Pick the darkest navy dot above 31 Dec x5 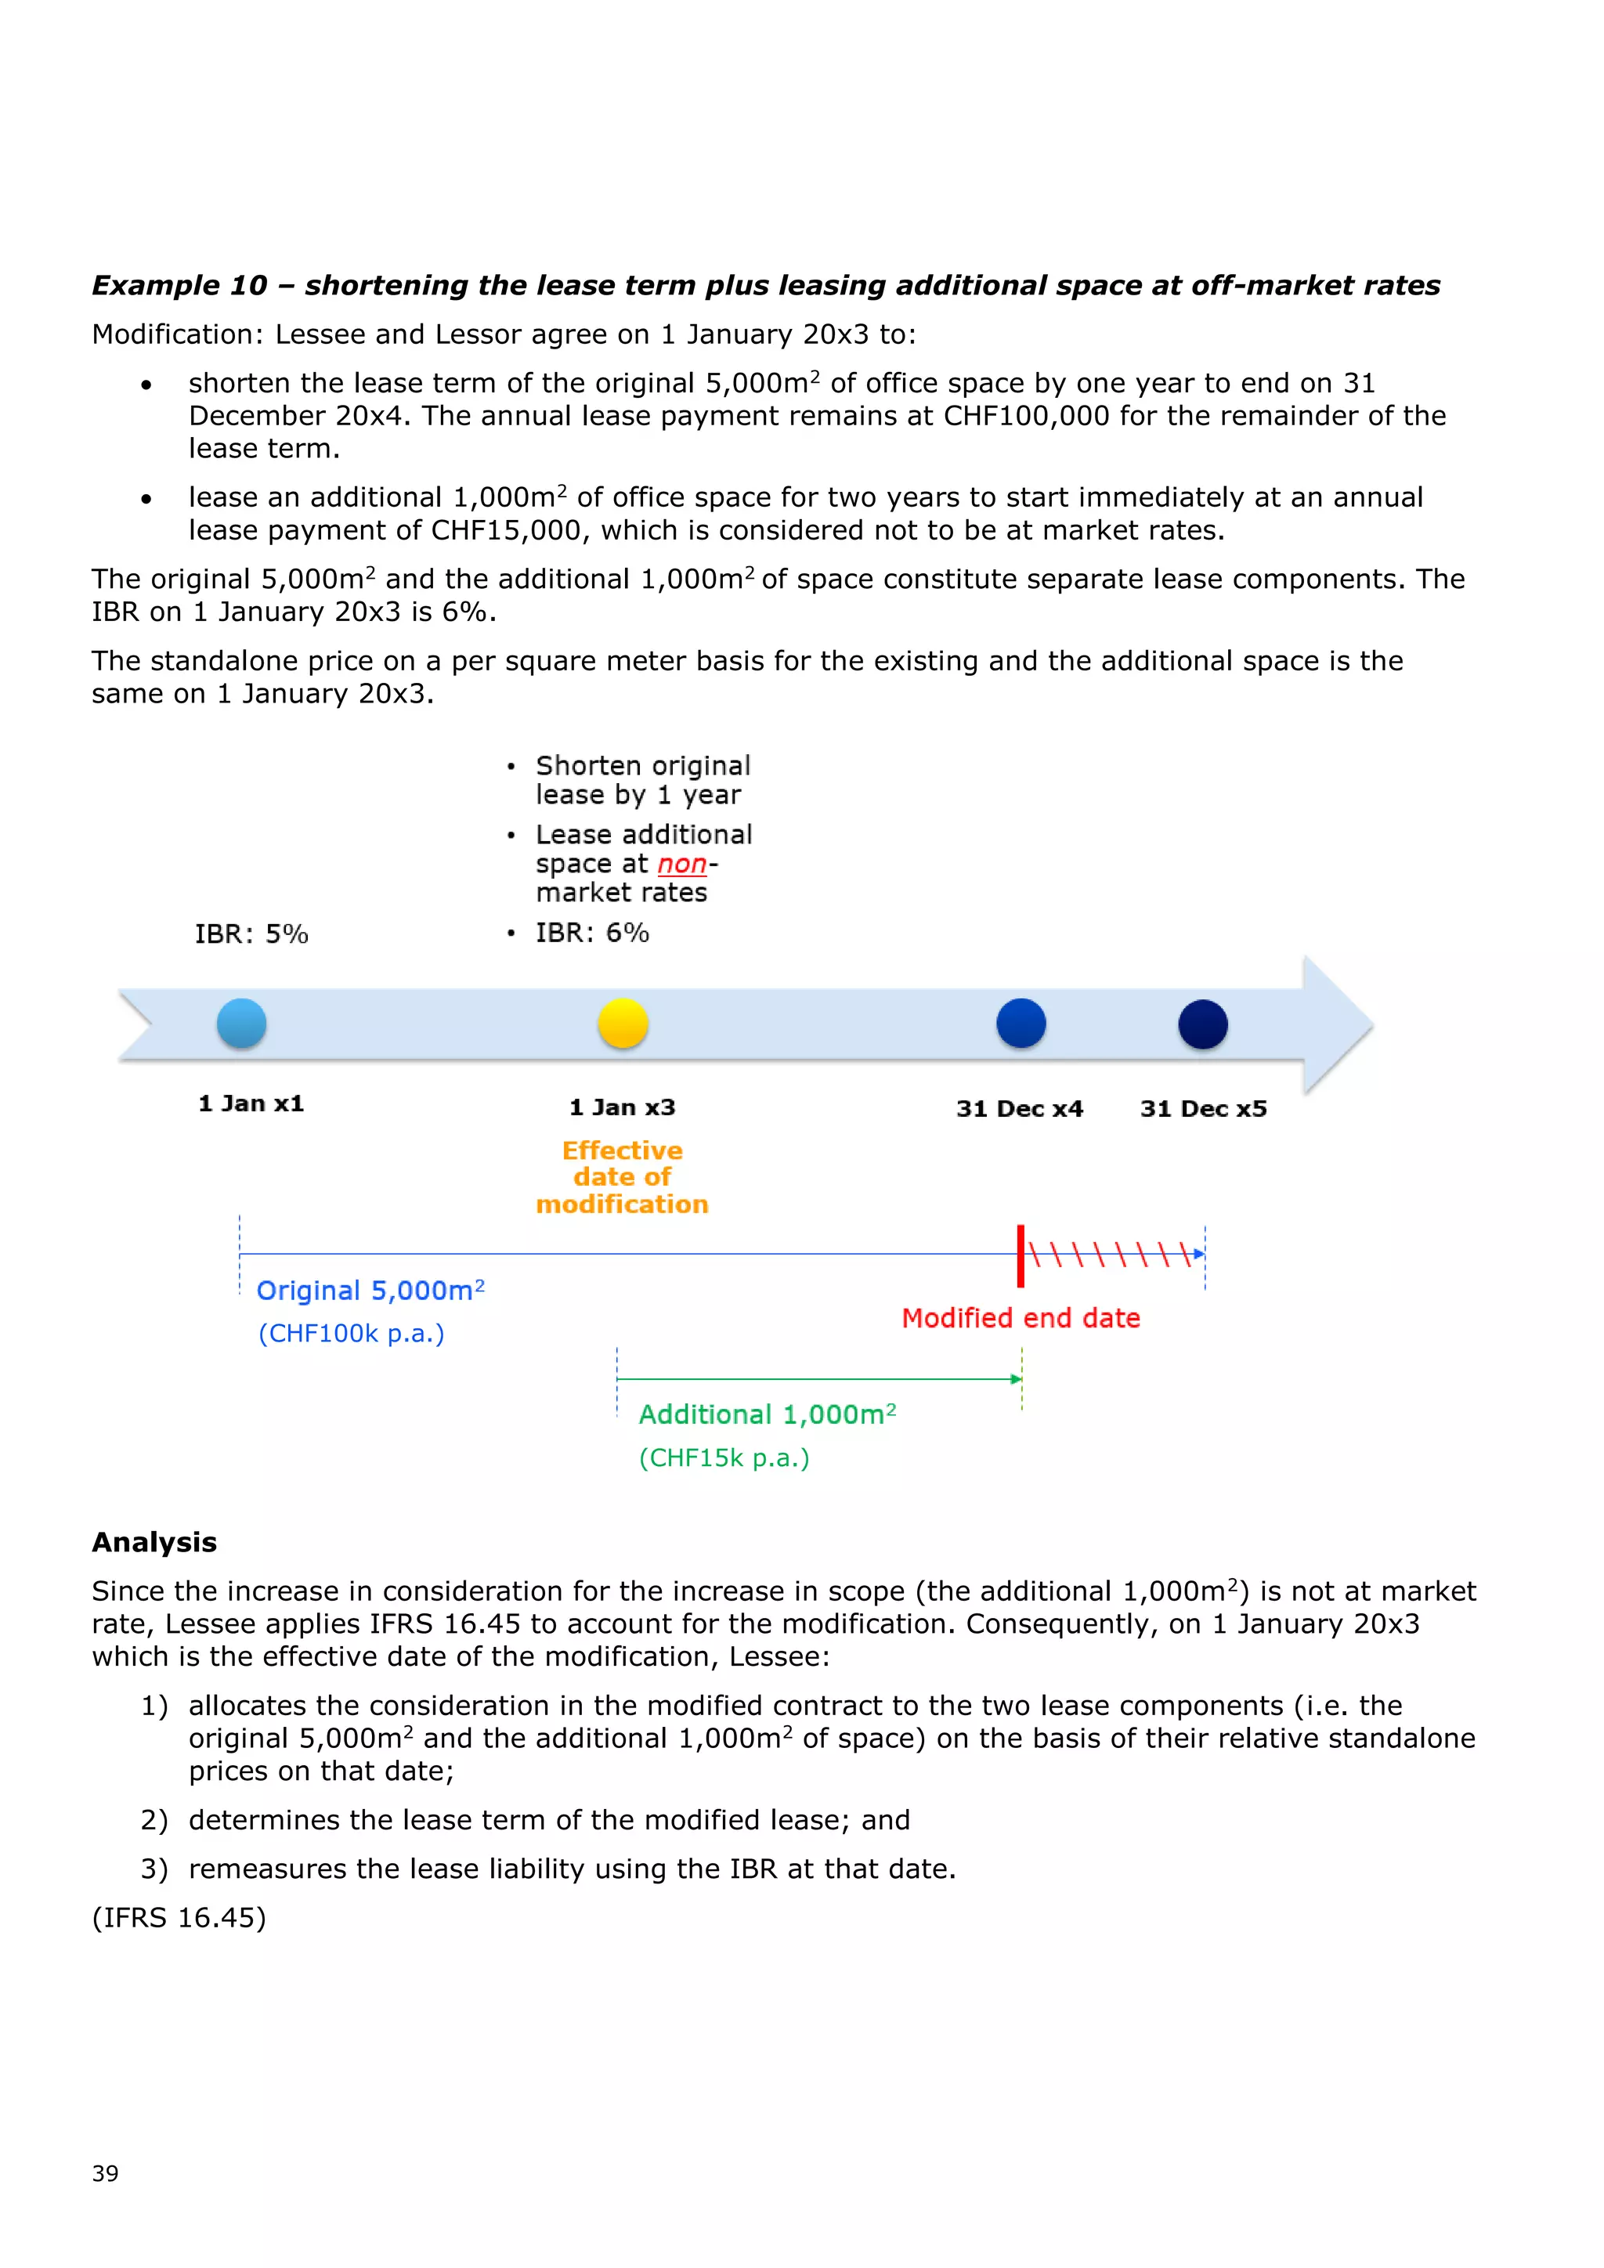(1202, 1024)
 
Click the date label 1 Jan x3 (622, 1107)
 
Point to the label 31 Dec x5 (1202, 1108)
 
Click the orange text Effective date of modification (622, 1177)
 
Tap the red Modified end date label (1021, 1318)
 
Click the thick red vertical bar (1021, 1256)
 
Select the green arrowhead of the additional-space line (1017, 1379)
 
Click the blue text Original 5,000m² (370, 1290)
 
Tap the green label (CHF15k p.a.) (724, 1458)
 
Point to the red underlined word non (681, 865)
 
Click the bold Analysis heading (154, 1542)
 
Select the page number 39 (105, 2173)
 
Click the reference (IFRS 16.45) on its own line (179, 1917)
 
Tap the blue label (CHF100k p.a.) (351, 1334)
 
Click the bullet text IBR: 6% (591, 933)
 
